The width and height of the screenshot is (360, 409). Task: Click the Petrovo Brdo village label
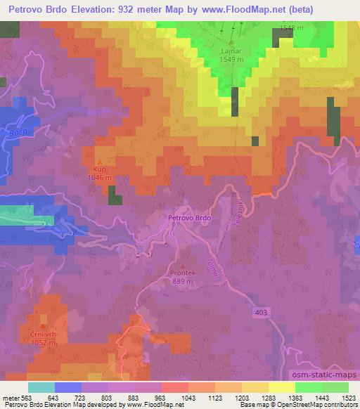point(189,218)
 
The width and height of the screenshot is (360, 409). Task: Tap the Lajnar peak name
point(231,51)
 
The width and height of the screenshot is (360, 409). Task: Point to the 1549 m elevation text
point(231,60)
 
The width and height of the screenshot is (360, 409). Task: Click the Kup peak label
point(98,169)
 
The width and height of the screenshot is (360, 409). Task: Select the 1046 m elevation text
point(98,178)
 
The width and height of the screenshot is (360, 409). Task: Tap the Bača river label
point(18,132)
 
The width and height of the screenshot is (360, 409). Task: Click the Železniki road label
point(239,211)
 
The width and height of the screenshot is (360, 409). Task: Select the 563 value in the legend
point(27,398)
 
